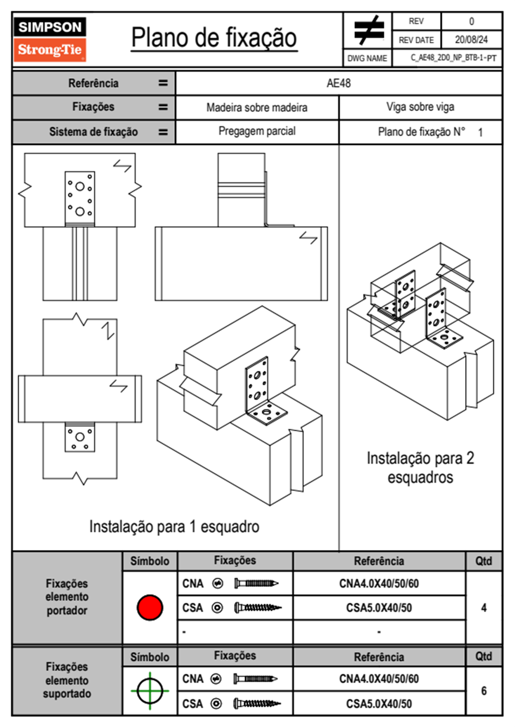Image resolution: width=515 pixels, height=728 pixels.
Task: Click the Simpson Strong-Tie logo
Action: [50, 39]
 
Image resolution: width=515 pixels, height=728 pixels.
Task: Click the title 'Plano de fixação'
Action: [214, 38]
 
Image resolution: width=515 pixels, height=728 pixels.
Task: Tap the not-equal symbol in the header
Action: [369, 30]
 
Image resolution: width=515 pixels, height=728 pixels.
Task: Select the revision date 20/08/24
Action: [471, 40]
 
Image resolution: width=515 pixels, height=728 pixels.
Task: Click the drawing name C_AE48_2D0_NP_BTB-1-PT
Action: [453, 58]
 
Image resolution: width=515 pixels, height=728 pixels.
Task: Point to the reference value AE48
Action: [338, 83]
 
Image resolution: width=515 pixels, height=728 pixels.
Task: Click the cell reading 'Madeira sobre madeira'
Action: [257, 107]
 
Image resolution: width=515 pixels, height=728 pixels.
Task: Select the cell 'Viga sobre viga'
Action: [420, 107]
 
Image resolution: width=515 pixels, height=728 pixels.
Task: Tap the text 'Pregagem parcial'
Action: [257, 131]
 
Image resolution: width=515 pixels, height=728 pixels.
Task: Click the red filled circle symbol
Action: [150, 607]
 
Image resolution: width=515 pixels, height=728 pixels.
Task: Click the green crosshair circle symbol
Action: [150, 691]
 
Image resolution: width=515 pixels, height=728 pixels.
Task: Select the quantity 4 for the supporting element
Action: [483, 607]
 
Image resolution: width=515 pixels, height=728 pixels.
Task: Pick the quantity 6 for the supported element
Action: [483, 691]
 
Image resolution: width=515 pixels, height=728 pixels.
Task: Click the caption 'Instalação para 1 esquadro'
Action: [174, 526]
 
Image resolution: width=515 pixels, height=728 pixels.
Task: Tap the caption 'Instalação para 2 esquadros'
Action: [420, 468]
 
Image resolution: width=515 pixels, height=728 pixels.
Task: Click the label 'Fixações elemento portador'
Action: [67, 597]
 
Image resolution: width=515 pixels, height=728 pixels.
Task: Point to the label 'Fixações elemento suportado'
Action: [67, 680]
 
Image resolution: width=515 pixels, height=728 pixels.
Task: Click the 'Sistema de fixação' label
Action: [93, 132]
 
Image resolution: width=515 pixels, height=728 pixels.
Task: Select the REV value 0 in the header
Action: [471, 22]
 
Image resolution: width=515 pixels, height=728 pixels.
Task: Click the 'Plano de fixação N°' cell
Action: [422, 132]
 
